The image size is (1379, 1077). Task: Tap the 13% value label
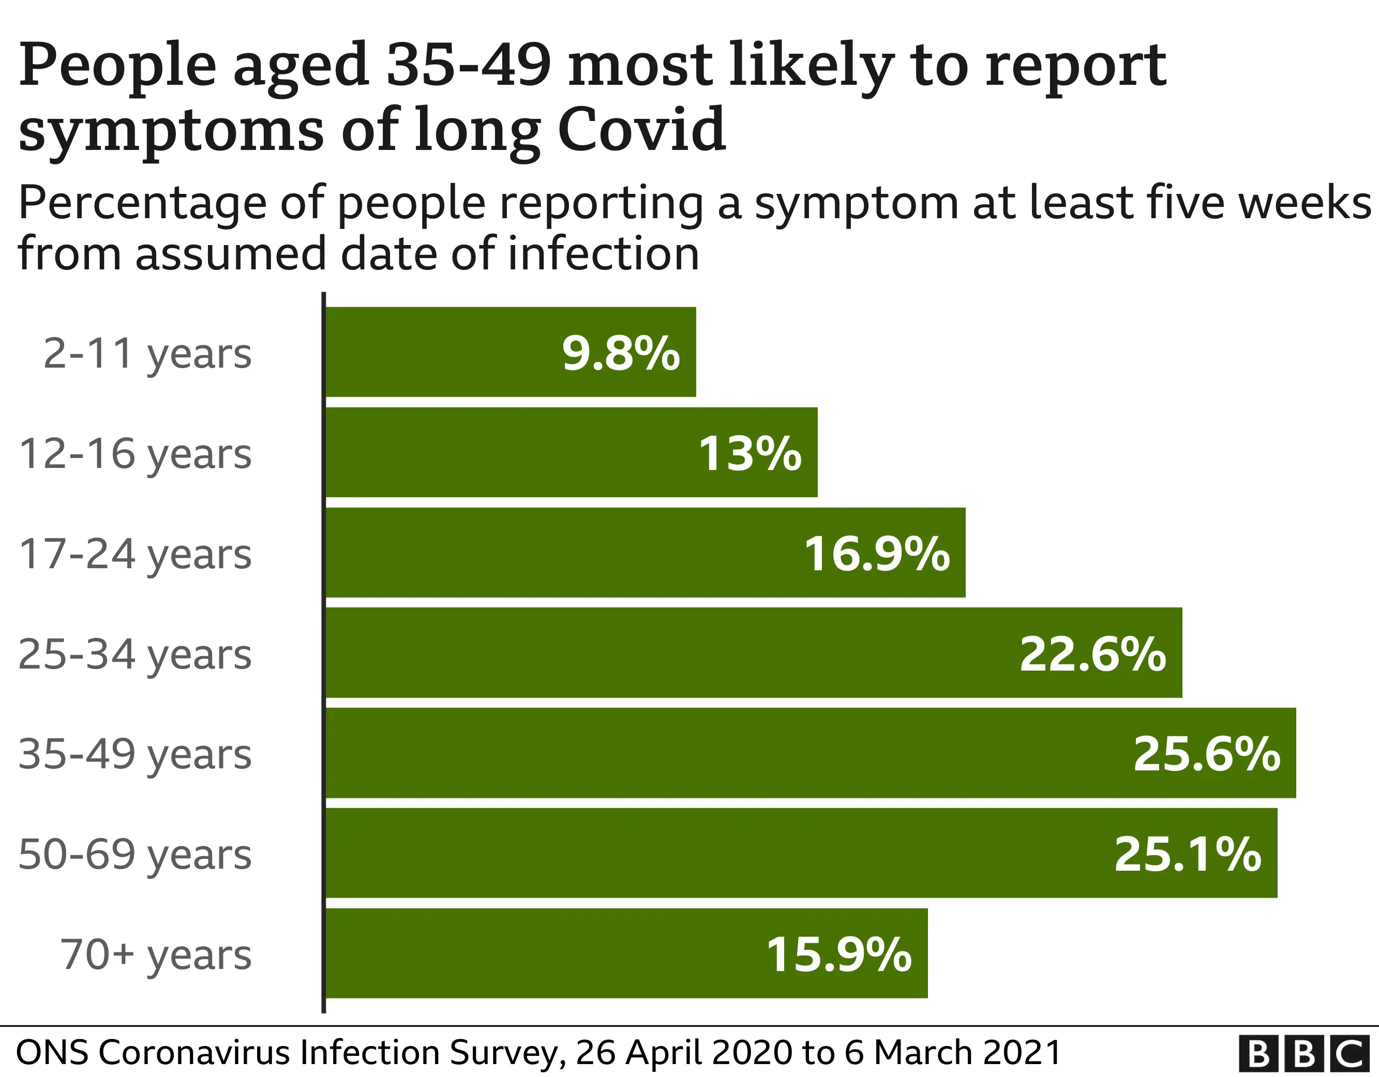(750, 453)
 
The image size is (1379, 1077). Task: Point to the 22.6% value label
(1092, 654)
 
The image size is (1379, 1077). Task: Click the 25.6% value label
(1207, 754)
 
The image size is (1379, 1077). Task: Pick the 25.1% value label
(1188, 854)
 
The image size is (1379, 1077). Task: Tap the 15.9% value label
(838, 954)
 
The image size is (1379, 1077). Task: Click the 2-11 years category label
(147, 354)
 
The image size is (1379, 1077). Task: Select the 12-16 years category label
(135, 454)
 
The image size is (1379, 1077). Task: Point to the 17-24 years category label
(135, 554)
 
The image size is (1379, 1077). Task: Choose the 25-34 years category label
(135, 654)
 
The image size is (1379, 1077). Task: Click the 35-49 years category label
(135, 754)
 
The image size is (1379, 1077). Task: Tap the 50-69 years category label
(135, 854)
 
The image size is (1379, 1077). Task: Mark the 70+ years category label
(156, 954)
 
